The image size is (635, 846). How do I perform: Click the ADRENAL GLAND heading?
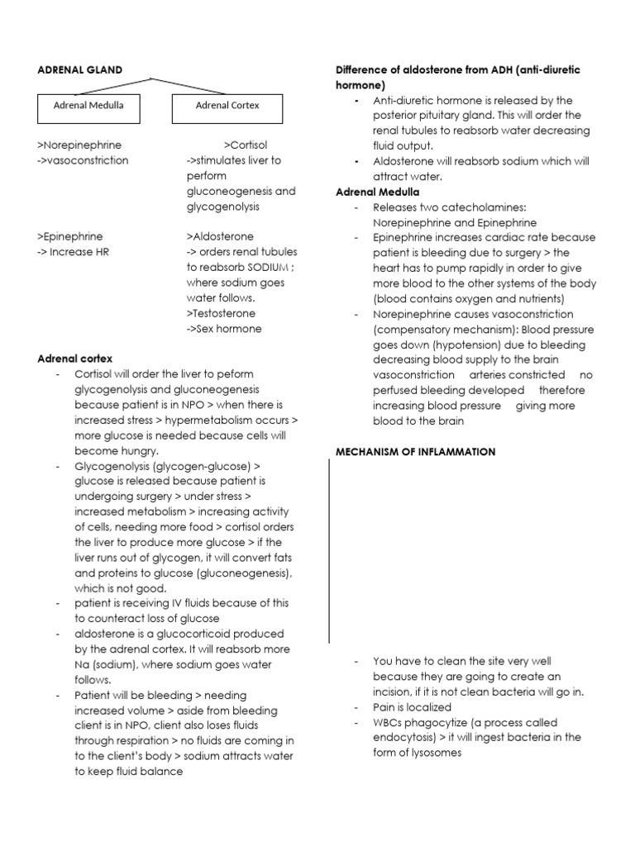click(x=80, y=70)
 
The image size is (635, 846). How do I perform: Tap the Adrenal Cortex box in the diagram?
click(x=227, y=107)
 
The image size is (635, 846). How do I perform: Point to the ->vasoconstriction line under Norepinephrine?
click(x=84, y=160)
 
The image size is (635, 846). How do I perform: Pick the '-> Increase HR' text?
click(x=74, y=252)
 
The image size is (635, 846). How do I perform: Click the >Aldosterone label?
click(x=221, y=236)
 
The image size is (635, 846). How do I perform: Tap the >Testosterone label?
click(x=222, y=313)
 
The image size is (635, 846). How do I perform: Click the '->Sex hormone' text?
click(x=224, y=329)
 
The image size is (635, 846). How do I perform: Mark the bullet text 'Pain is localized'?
click(x=412, y=707)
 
